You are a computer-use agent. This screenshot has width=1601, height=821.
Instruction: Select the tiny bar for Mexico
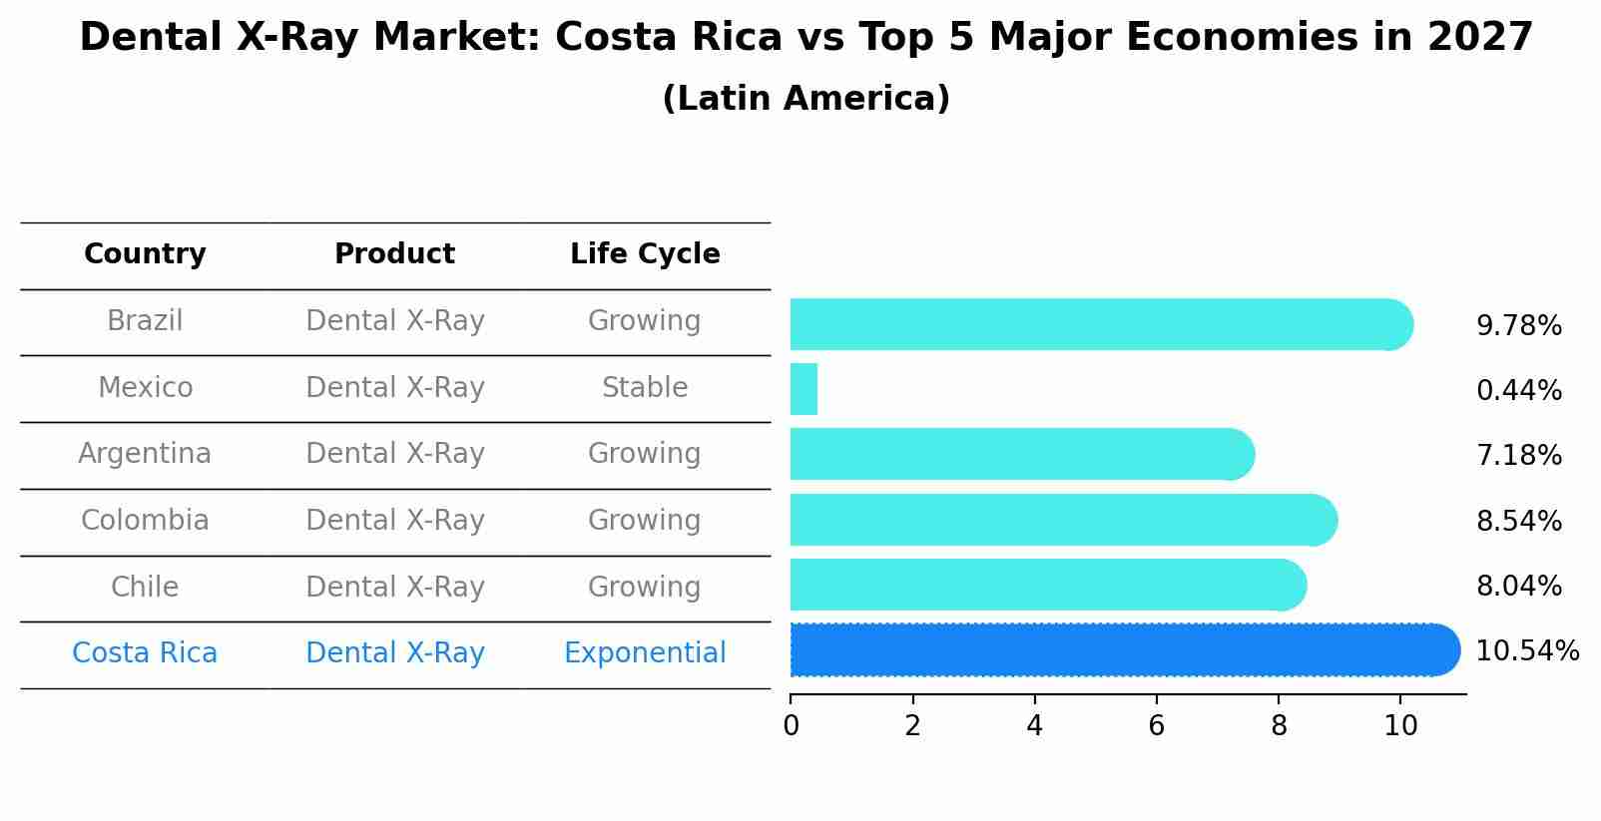[x=803, y=389]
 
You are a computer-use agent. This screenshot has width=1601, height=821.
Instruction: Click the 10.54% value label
[x=1526, y=651]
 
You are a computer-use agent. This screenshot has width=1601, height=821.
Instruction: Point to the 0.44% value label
[x=1518, y=391]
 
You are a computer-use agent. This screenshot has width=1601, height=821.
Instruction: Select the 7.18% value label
[x=1518, y=456]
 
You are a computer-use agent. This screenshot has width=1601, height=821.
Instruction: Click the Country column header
[x=145, y=254]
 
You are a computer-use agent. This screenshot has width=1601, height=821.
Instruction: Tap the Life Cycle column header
[x=645, y=254]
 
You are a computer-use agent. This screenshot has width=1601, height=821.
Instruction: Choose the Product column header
[x=394, y=254]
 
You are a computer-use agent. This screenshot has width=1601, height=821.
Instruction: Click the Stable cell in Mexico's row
[x=645, y=388]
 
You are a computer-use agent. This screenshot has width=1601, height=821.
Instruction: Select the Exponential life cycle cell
[x=645, y=653]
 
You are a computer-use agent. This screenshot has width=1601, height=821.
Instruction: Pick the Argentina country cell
[x=145, y=454]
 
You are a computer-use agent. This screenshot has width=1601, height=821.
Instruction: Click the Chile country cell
[x=145, y=588]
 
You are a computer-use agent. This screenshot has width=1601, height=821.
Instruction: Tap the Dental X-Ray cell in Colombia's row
[x=394, y=521]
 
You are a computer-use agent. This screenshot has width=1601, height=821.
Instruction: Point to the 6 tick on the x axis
[x=1156, y=725]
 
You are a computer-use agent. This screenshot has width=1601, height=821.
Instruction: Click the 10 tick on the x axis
[x=1400, y=725]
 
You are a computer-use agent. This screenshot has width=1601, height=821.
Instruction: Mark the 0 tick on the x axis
[x=791, y=725]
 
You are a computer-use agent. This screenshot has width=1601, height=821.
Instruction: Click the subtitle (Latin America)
[x=805, y=99]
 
